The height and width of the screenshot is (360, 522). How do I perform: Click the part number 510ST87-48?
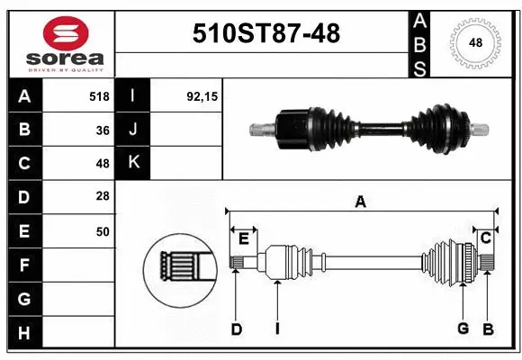[267, 33]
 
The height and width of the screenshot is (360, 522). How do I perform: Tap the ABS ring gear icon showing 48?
[474, 42]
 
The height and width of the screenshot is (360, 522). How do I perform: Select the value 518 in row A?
[99, 95]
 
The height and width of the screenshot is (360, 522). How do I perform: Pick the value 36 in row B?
[103, 130]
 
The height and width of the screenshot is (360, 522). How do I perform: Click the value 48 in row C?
[103, 164]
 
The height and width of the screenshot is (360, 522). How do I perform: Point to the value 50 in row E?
[103, 231]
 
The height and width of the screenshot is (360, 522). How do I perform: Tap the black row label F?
[24, 265]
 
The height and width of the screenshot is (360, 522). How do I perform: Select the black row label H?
[24, 333]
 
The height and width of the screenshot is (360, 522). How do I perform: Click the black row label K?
[133, 163]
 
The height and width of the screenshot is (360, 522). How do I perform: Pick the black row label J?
[133, 130]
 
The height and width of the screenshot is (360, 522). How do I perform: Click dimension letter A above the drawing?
[360, 202]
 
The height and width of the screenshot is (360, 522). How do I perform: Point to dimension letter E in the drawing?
[243, 238]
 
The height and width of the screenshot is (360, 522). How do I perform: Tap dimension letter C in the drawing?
[485, 238]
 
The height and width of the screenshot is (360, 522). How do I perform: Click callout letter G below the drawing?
[463, 329]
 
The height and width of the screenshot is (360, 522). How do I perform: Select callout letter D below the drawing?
[236, 329]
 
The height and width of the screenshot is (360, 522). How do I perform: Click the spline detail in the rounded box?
[179, 265]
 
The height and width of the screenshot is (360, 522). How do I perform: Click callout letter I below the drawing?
[277, 329]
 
